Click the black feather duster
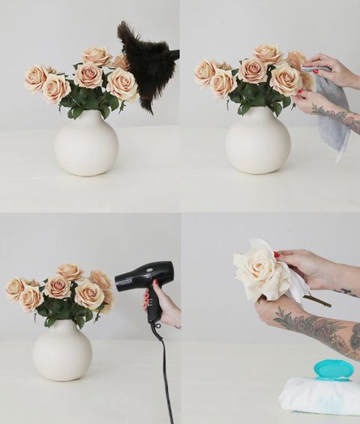[146, 64]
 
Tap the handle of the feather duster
[174, 54]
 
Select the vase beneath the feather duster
[86, 144]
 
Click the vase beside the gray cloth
[257, 141]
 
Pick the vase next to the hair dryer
[62, 349]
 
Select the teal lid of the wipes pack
[333, 369]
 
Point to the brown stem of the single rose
[316, 301]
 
